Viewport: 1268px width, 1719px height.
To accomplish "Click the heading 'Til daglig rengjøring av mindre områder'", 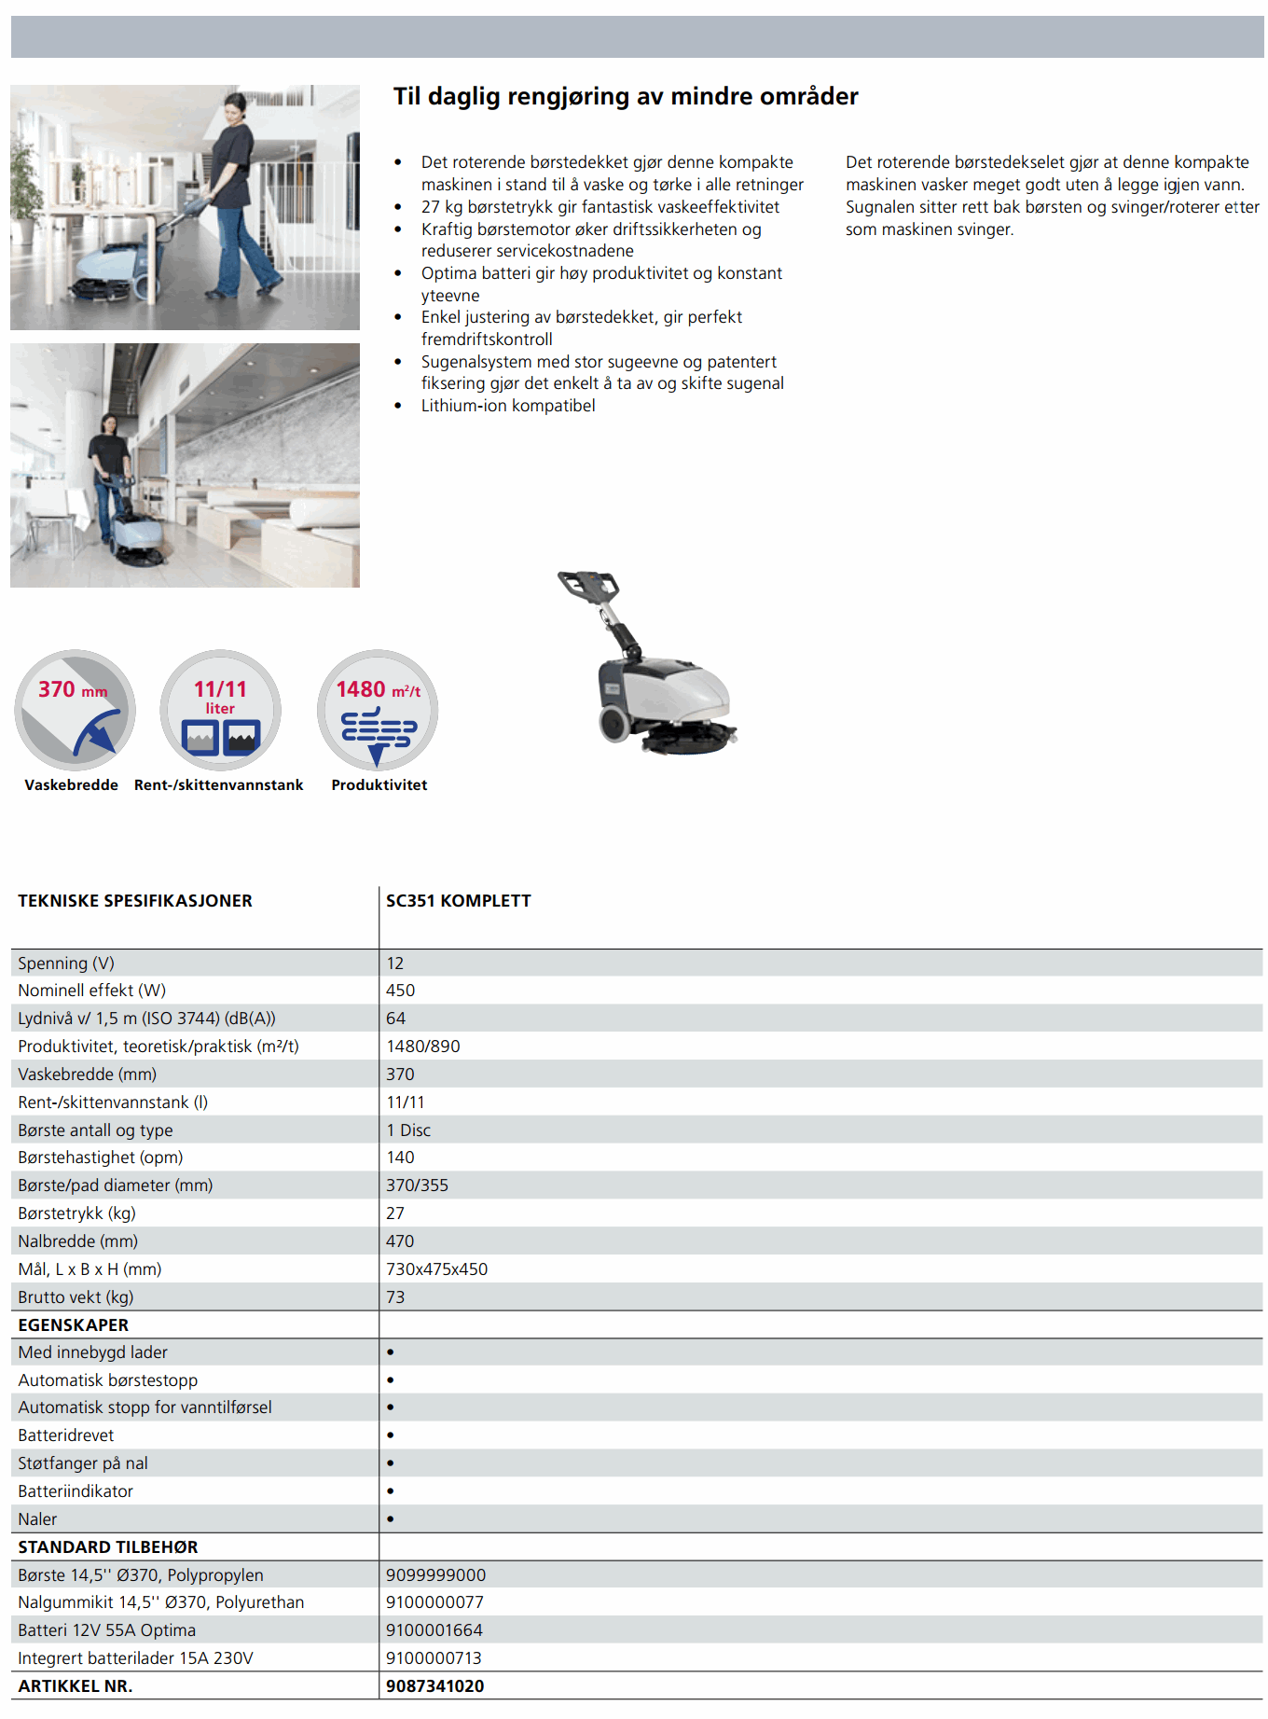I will pos(625,96).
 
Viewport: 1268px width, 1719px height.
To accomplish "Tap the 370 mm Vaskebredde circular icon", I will pos(75,710).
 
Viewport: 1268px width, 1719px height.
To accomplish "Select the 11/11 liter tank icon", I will pos(221,710).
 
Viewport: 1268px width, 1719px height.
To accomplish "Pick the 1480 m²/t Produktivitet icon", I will pos(378,710).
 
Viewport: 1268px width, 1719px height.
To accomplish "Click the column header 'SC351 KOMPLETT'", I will pos(459,901).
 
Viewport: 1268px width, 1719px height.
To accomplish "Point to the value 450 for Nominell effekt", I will pos(401,991).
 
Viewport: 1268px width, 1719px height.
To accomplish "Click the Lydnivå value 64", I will pos(396,1019).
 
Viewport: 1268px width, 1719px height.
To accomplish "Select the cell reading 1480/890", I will pos(423,1047).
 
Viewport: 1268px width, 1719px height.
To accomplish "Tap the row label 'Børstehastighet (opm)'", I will pos(101,1158).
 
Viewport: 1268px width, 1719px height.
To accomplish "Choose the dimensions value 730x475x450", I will pos(437,1269).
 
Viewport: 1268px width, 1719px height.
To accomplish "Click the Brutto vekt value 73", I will pos(395,1297).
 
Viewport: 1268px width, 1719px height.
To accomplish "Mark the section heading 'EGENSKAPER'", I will pos(74,1325).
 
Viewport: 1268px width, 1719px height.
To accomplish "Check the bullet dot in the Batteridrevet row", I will pos(391,1435).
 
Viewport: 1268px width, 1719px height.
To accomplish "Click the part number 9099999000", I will pos(436,1575).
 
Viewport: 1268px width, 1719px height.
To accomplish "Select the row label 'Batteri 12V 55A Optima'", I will pos(107,1630).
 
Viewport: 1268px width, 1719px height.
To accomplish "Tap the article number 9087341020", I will pos(435,1686).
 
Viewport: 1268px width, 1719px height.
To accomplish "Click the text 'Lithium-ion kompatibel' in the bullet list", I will pos(508,406).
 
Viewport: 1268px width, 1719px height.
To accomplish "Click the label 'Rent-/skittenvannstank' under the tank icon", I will pos(219,785).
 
